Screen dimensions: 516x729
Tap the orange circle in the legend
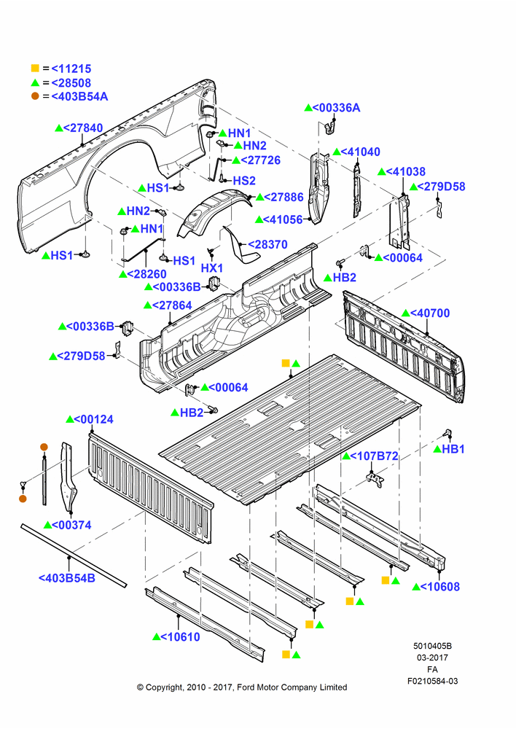pyautogui.click(x=35, y=96)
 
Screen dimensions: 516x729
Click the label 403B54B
pyautogui.click(x=66, y=578)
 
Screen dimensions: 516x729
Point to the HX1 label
pyautogui.click(x=212, y=268)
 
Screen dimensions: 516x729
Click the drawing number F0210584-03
pyautogui.click(x=433, y=681)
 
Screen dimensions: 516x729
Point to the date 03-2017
pyautogui.click(x=432, y=658)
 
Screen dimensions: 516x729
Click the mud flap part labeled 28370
pyautogui.click(x=242, y=246)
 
